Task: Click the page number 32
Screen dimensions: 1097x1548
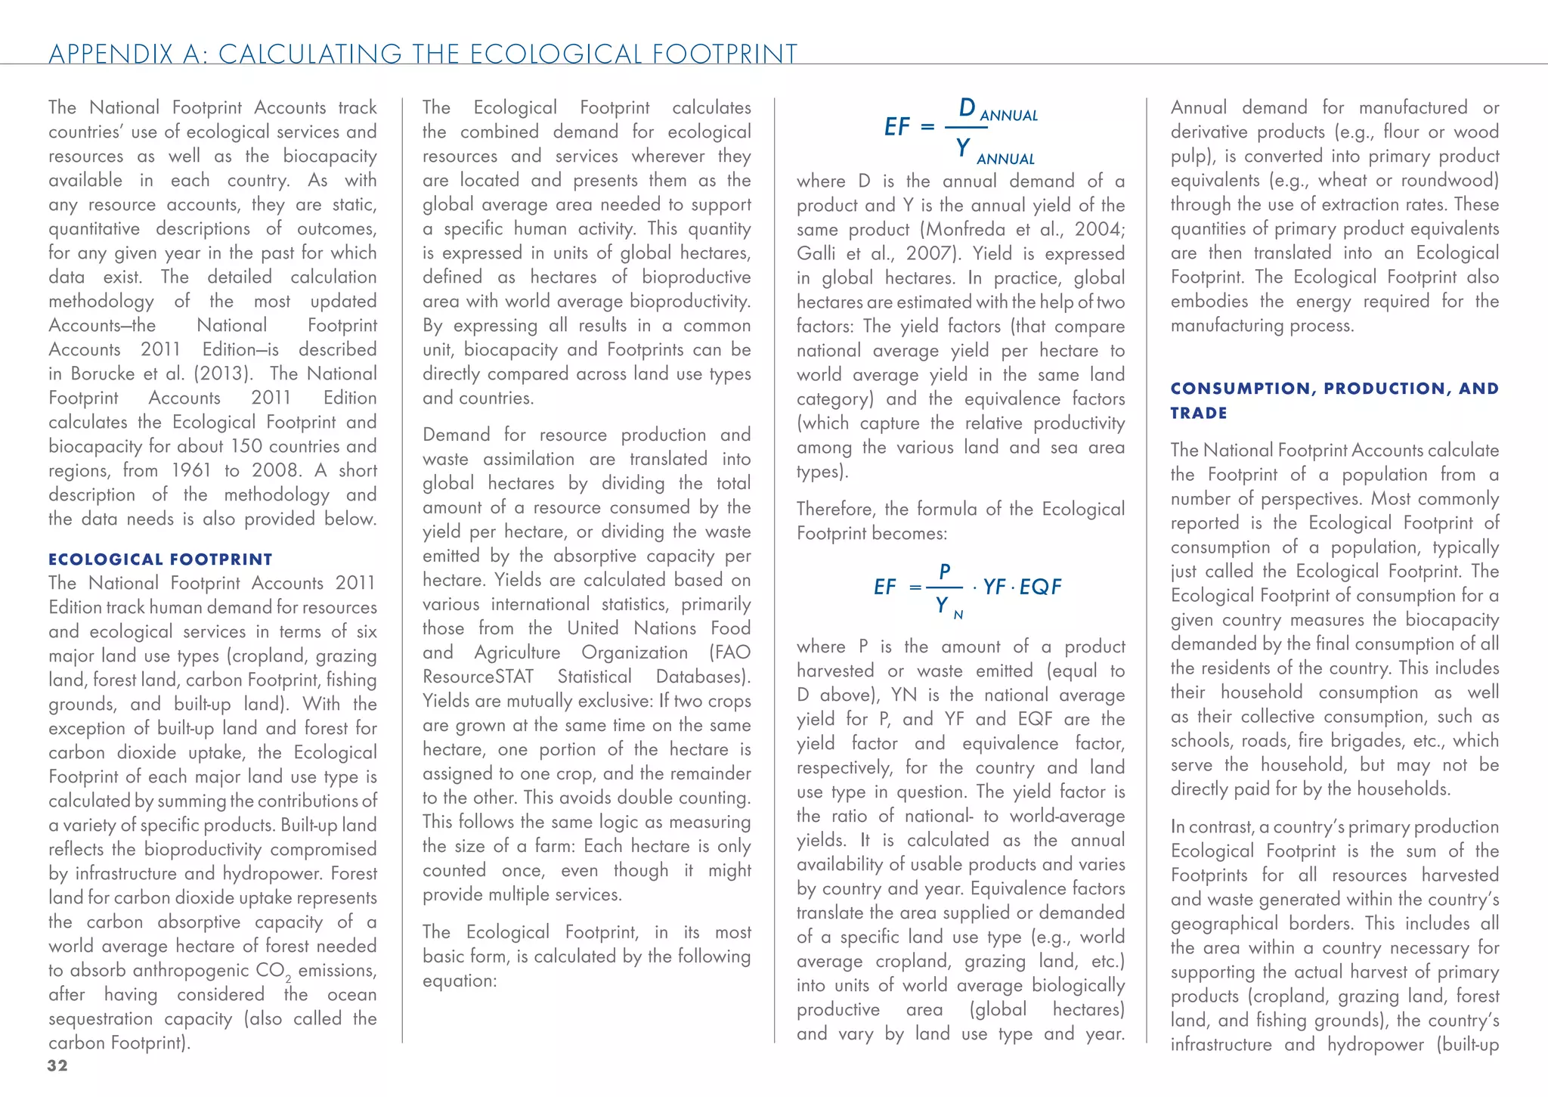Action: pos(57,1066)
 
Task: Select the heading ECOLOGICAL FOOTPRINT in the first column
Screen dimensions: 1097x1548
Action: pos(160,559)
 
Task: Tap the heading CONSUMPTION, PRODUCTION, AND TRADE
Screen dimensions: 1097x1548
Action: pos(1334,400)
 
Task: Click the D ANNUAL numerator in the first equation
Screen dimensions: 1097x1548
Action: pos(1000,110)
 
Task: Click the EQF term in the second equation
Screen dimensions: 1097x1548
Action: pos(1041,587)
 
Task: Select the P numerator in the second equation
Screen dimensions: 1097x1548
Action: pos(945,572)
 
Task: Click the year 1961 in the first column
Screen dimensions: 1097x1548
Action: pos(191,470)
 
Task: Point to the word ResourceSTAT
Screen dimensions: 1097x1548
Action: pos(478,677)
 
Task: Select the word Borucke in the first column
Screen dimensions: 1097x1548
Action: pos(104,373)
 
